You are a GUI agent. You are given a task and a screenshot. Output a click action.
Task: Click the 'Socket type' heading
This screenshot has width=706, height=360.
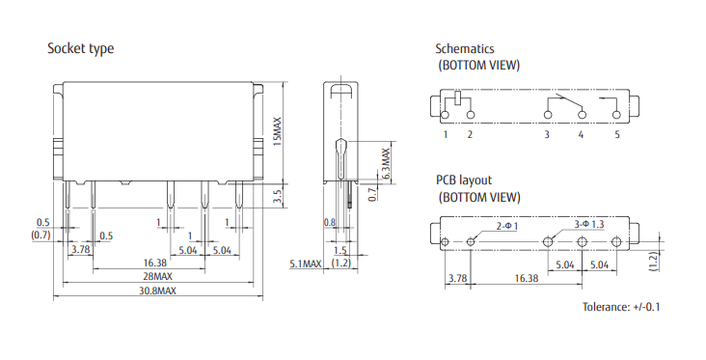click(x=81, y=48)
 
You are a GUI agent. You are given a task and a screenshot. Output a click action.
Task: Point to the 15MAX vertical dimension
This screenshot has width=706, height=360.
click(x=276, y=131)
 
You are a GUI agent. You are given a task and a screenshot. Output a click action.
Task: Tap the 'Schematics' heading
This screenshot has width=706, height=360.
click(x=465, y=48)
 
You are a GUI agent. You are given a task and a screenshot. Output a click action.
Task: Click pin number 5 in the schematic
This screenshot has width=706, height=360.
click(x=617, y=134)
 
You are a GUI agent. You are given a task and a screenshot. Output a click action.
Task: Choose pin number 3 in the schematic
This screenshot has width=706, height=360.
click(x=546, y=134)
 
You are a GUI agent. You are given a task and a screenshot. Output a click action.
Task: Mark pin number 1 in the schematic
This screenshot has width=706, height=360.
click(x=446, y=134)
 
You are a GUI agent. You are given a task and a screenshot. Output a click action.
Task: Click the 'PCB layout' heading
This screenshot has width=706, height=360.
click(x=464, y=180)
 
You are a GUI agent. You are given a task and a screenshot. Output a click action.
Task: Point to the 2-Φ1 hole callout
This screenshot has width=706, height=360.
click(x=506, y=225)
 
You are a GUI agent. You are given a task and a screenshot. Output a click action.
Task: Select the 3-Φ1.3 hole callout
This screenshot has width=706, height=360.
click(x=588, y=223)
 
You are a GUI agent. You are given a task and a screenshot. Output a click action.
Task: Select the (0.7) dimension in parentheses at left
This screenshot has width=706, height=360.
click(x=41, y=235)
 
